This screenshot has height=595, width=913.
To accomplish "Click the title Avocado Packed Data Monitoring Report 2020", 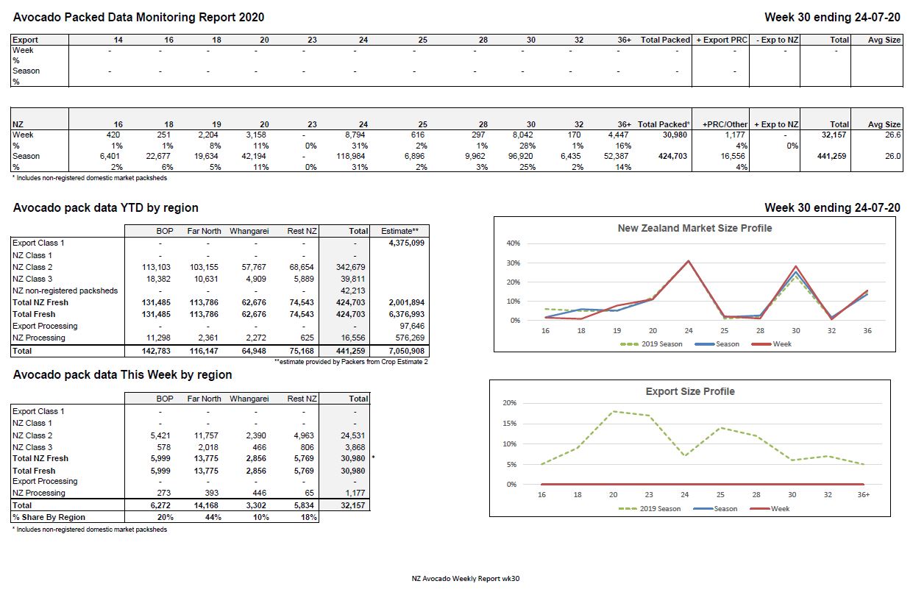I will point(138,17).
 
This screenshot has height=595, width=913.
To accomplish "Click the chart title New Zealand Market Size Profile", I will point(694,228).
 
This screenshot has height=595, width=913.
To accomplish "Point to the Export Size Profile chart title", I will point(689,391).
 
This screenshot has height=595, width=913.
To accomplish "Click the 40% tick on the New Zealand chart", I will point(514,243).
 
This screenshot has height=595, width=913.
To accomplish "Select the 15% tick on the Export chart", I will point(509,424).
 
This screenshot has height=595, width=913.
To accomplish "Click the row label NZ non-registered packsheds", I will point(65,291).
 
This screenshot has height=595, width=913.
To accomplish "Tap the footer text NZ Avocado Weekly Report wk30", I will point(466,579).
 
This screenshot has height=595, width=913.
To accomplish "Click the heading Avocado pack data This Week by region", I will point(122,375).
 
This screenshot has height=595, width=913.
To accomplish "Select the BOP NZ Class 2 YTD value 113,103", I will point(156,267).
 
